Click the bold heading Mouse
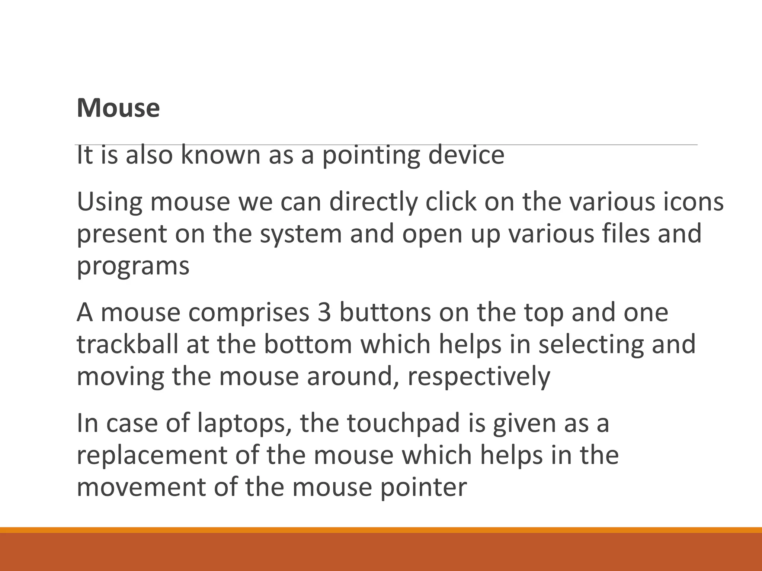point(118,108)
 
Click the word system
point(301,235)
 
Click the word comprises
point(249,313)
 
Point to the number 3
point(324,313)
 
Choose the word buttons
point(385,313)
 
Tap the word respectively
point(478,377)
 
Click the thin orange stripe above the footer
point(381,530)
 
